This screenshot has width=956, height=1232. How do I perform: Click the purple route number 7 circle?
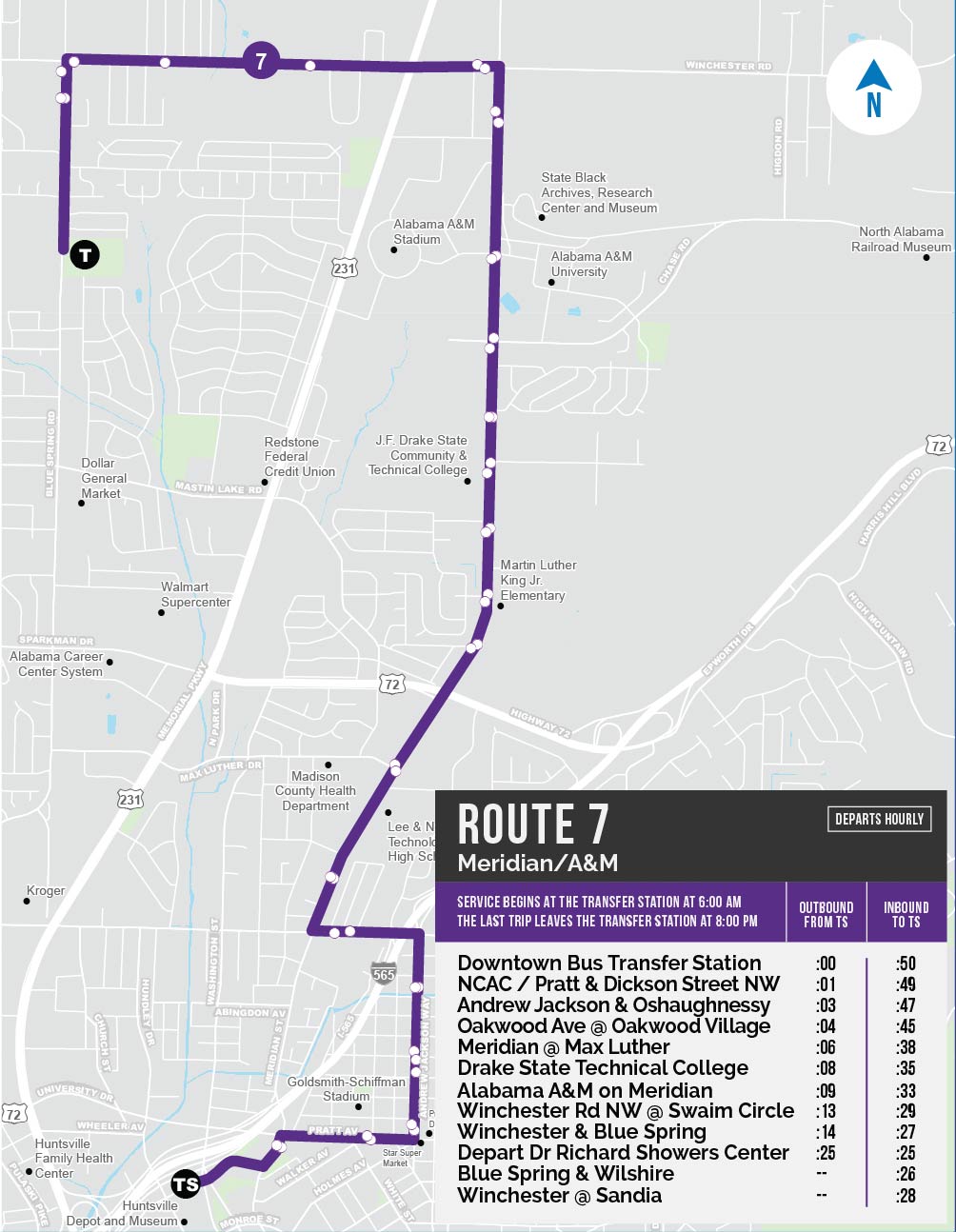(x=260, y=62)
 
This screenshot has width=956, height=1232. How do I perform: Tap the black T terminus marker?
(x=85, y=254)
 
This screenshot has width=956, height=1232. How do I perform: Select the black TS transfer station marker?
(x=186, y=1184)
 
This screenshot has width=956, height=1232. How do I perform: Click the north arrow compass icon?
(x=873, y=88)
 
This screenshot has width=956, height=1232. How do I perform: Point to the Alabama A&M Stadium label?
(x=433, y=231)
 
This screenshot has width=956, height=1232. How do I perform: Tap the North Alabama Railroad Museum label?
(x=901, y=239)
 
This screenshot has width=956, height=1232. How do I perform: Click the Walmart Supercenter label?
(x=195, y=594)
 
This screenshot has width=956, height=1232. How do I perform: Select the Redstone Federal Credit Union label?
(x=299, y=457)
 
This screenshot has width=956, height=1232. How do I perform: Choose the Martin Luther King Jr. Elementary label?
(x=538, y=580)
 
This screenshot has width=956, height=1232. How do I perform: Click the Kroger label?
(x=46, y=891)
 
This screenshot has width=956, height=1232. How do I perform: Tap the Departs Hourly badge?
(x=879, y=819)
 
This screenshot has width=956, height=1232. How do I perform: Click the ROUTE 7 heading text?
(x=532, y=825)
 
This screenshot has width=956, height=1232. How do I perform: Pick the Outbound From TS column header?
(x=826, y=914)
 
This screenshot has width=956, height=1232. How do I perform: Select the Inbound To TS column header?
(x=906, y=914)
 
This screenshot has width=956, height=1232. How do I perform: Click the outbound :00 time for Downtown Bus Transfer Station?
(x=826, y=964)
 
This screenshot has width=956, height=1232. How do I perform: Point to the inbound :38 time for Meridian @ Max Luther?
(x=906, y=1047)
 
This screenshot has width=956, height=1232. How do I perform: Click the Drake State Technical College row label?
(x=603, y=1068)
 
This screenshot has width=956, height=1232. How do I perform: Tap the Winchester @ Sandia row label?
(x=559, y=1195)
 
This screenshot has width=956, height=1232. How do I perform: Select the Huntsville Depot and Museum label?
(x=122, y=1213)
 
